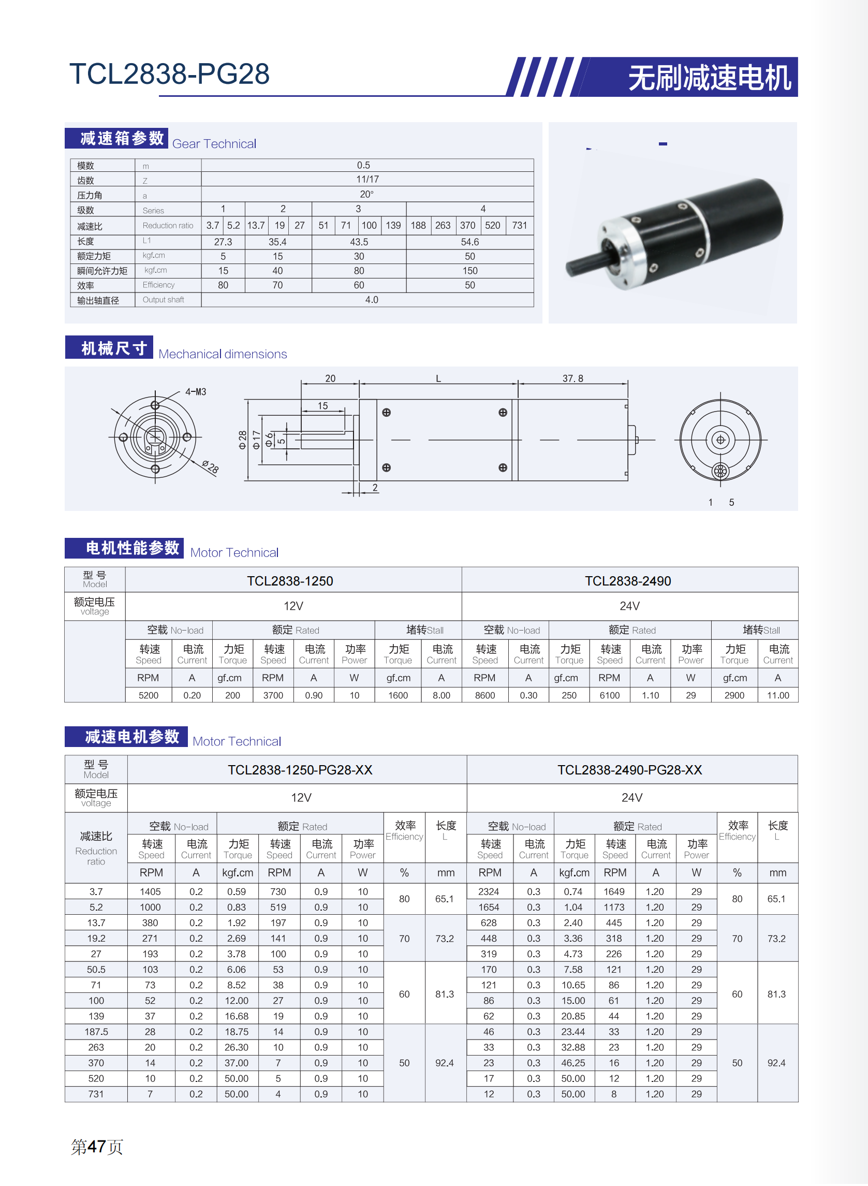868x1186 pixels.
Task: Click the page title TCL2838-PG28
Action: click(169, 74)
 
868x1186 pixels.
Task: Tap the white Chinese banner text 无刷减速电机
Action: click(709, 78)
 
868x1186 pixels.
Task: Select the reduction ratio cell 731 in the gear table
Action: click(519, 225)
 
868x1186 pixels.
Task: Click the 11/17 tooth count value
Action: click(367, 179)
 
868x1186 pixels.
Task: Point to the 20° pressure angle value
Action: click(367, 194)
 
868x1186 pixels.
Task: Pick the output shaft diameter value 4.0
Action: click(372, 300)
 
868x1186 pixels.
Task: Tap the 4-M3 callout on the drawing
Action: click(196, 391)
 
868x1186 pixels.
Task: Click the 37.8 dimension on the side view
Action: click(572, 378)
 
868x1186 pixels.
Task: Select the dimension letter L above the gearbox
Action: click(438, 378)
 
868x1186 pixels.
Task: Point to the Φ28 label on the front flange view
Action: click(210, 466)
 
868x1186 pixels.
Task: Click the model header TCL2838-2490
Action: click(628, 581)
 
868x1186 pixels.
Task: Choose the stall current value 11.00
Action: click(777, 695)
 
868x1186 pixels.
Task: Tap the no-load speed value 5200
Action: click(148, 695)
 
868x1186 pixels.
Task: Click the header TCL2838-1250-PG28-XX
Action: click(300, 770)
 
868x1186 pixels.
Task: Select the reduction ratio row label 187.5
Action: click(96, 1032)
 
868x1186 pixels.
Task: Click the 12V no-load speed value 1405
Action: click(150, 891)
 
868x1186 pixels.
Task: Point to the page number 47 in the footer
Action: click(97, 1146)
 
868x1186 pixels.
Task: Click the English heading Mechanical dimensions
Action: click(223, 354)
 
